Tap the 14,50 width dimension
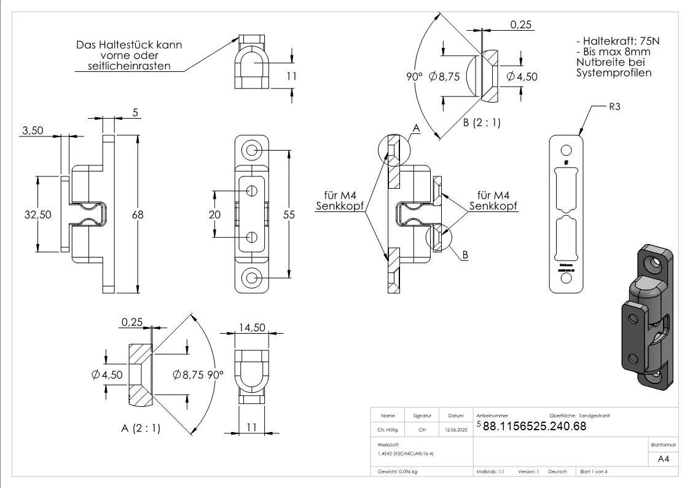pos(253,327)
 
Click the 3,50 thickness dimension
pos(33,131)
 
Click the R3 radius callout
pos(615,107)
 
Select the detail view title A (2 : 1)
pos(140,428)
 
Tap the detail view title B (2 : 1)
pos(482,122)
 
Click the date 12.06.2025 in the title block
pos(456,430)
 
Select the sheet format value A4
pos(663,458)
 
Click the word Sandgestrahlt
pos(594,415)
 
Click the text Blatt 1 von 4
pos(594,471)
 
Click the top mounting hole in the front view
pos(251,150)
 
